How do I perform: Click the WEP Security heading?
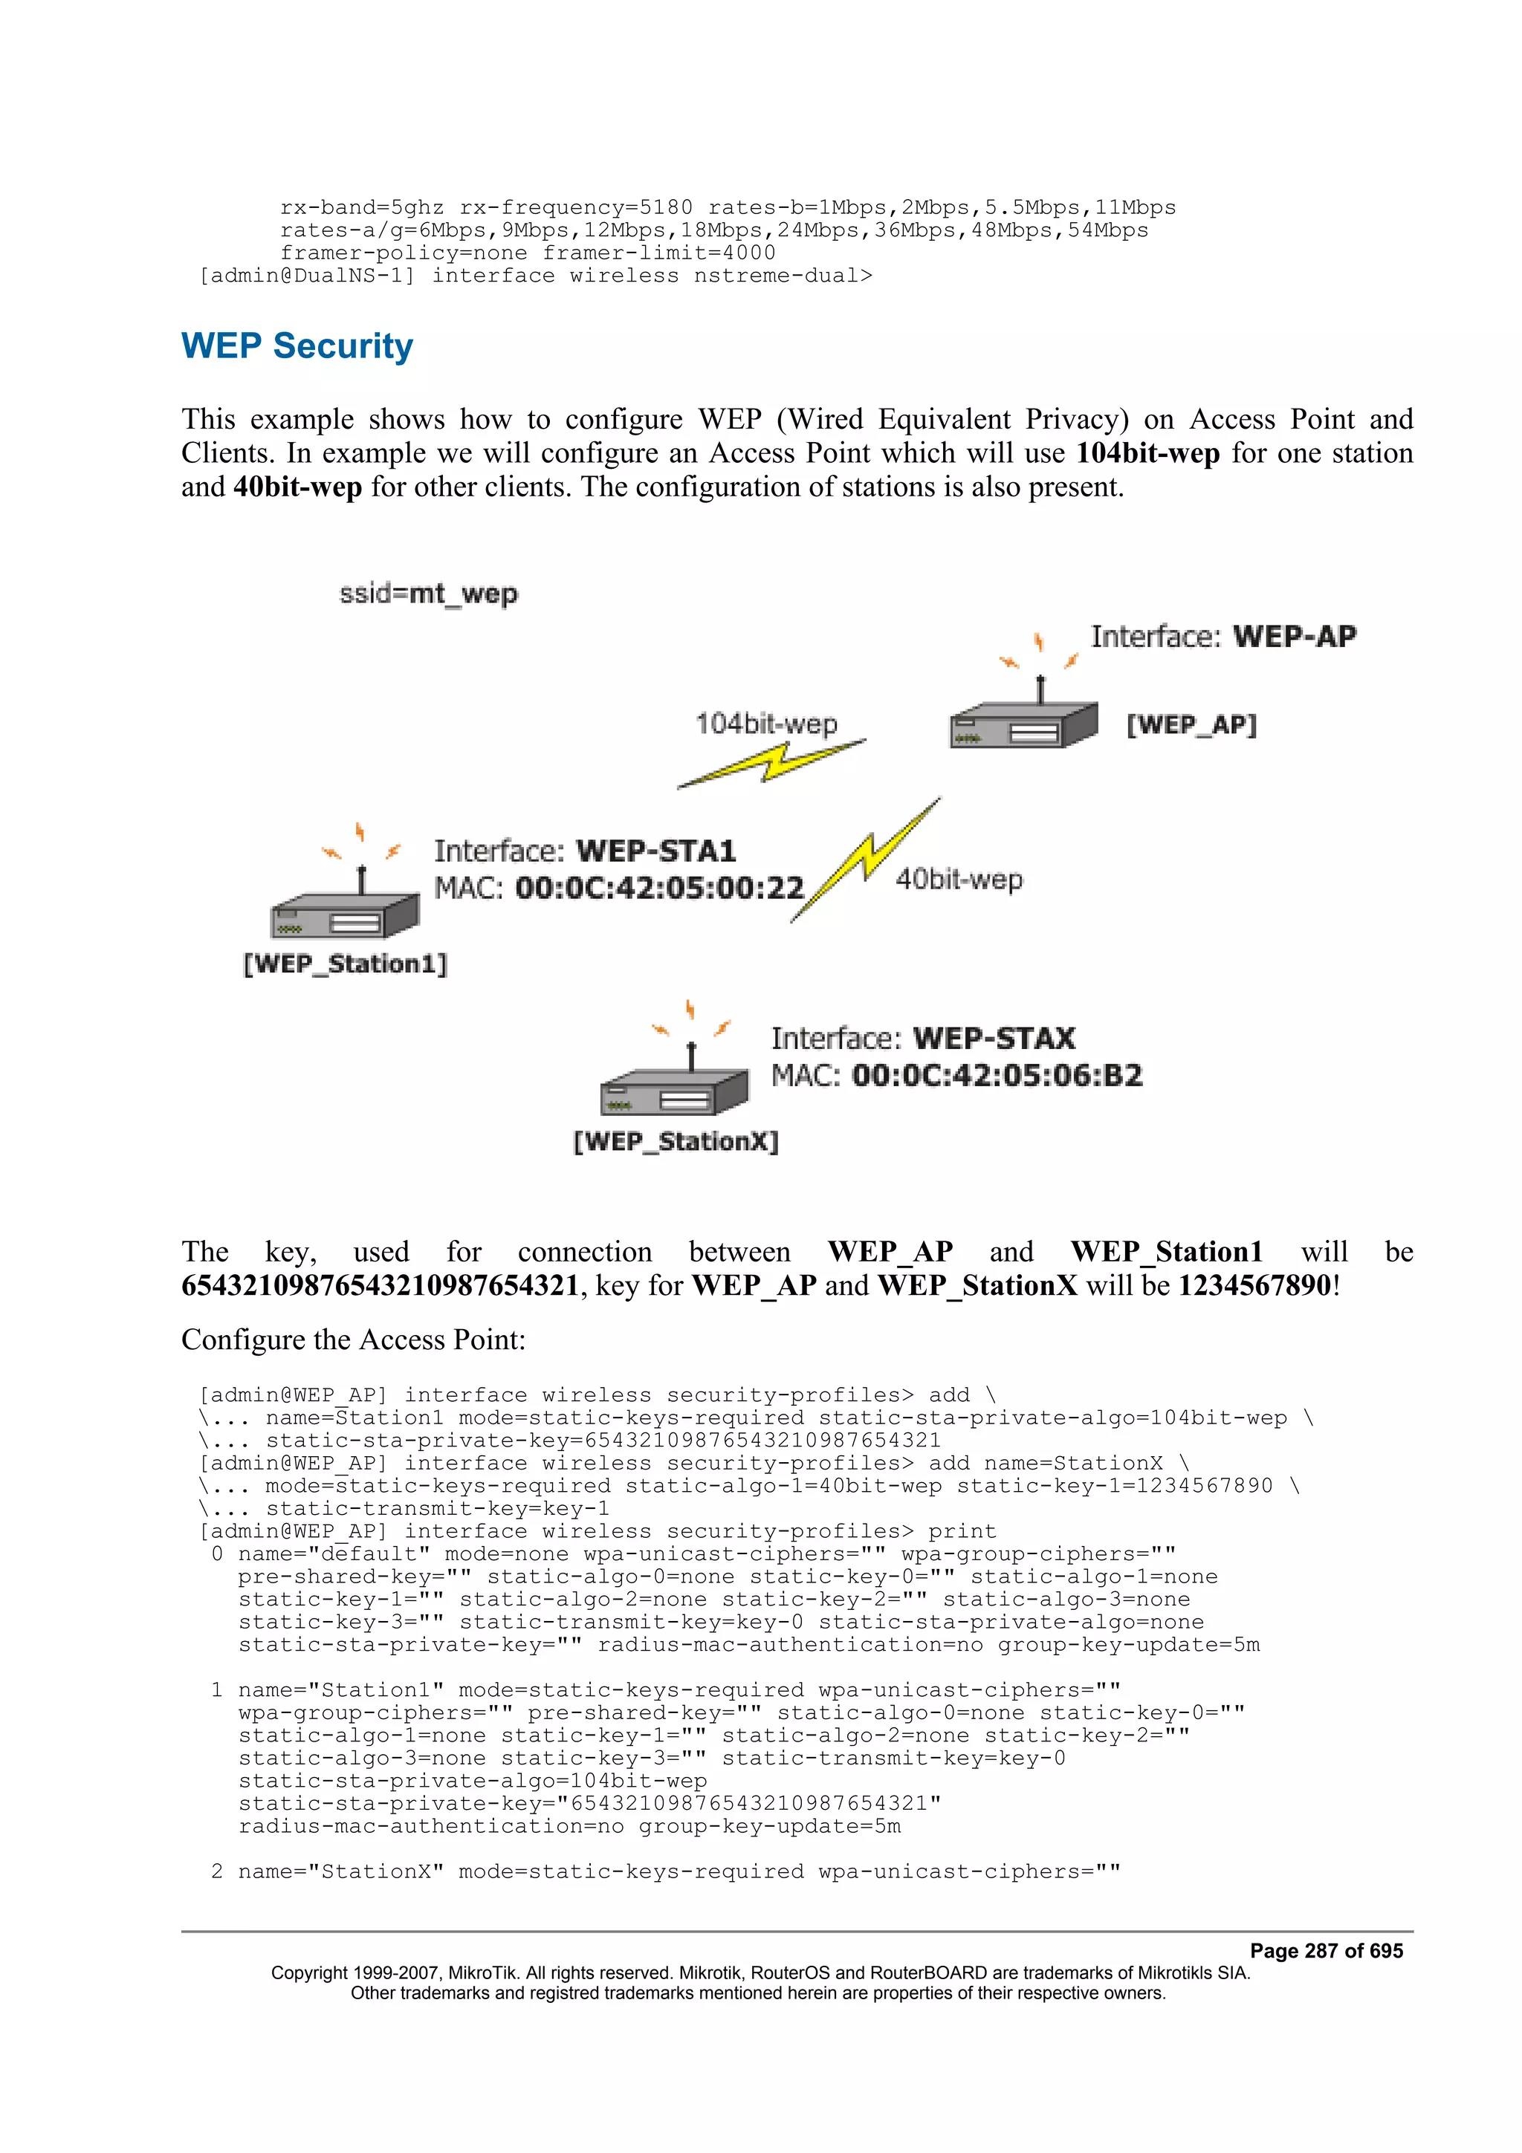coord(297,346)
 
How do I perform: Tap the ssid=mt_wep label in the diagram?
coord(427,594)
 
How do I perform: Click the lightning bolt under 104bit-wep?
coord(771,761)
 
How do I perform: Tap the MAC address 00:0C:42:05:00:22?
coord(659,888)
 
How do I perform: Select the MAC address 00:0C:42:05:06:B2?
coord(996,1076)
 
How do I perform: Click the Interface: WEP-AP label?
coord(1223,637)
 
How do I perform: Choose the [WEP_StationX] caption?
coord(676,1141)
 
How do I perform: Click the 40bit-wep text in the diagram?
coord(959,880)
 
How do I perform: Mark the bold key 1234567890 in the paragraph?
coord(1254,1285)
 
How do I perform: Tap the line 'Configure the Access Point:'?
coord(354,1339)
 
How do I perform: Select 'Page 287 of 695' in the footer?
coord(1326,1950)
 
